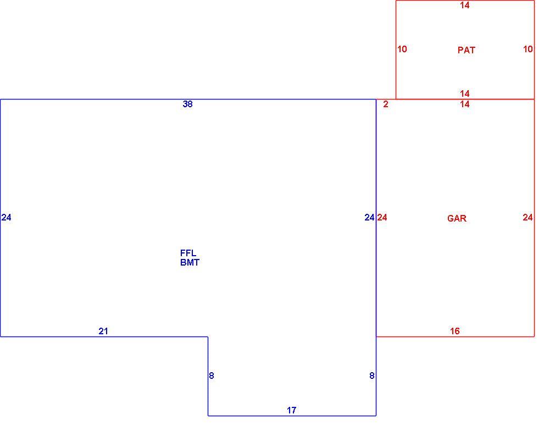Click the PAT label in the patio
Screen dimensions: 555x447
point(466,50)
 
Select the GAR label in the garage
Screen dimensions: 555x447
point(457,218)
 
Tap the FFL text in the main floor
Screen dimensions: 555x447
point(188,253)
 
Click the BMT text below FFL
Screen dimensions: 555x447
point(190,262)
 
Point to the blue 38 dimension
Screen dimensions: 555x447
point(187,104)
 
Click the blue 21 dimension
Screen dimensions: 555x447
point(103,331)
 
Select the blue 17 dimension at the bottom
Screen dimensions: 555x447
point(291,410)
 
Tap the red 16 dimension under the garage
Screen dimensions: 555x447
point(455,331)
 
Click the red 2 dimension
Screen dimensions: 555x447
point(385,104)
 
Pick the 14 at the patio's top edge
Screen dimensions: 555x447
point(465,5)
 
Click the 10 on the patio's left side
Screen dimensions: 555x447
point(402,49)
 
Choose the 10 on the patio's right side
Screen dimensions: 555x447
point(528,49)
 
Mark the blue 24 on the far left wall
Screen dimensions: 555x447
point(7,217)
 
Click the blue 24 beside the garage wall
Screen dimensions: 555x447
point(369,217)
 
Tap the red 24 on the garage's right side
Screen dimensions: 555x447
point(528,217)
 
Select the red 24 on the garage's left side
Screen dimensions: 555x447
point(382,217)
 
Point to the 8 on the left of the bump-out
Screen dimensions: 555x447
point(212,376)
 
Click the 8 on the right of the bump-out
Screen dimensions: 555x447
point(371,376)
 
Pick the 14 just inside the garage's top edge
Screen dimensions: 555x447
point(465,104)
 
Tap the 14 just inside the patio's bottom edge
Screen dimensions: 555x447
point(465,93)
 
